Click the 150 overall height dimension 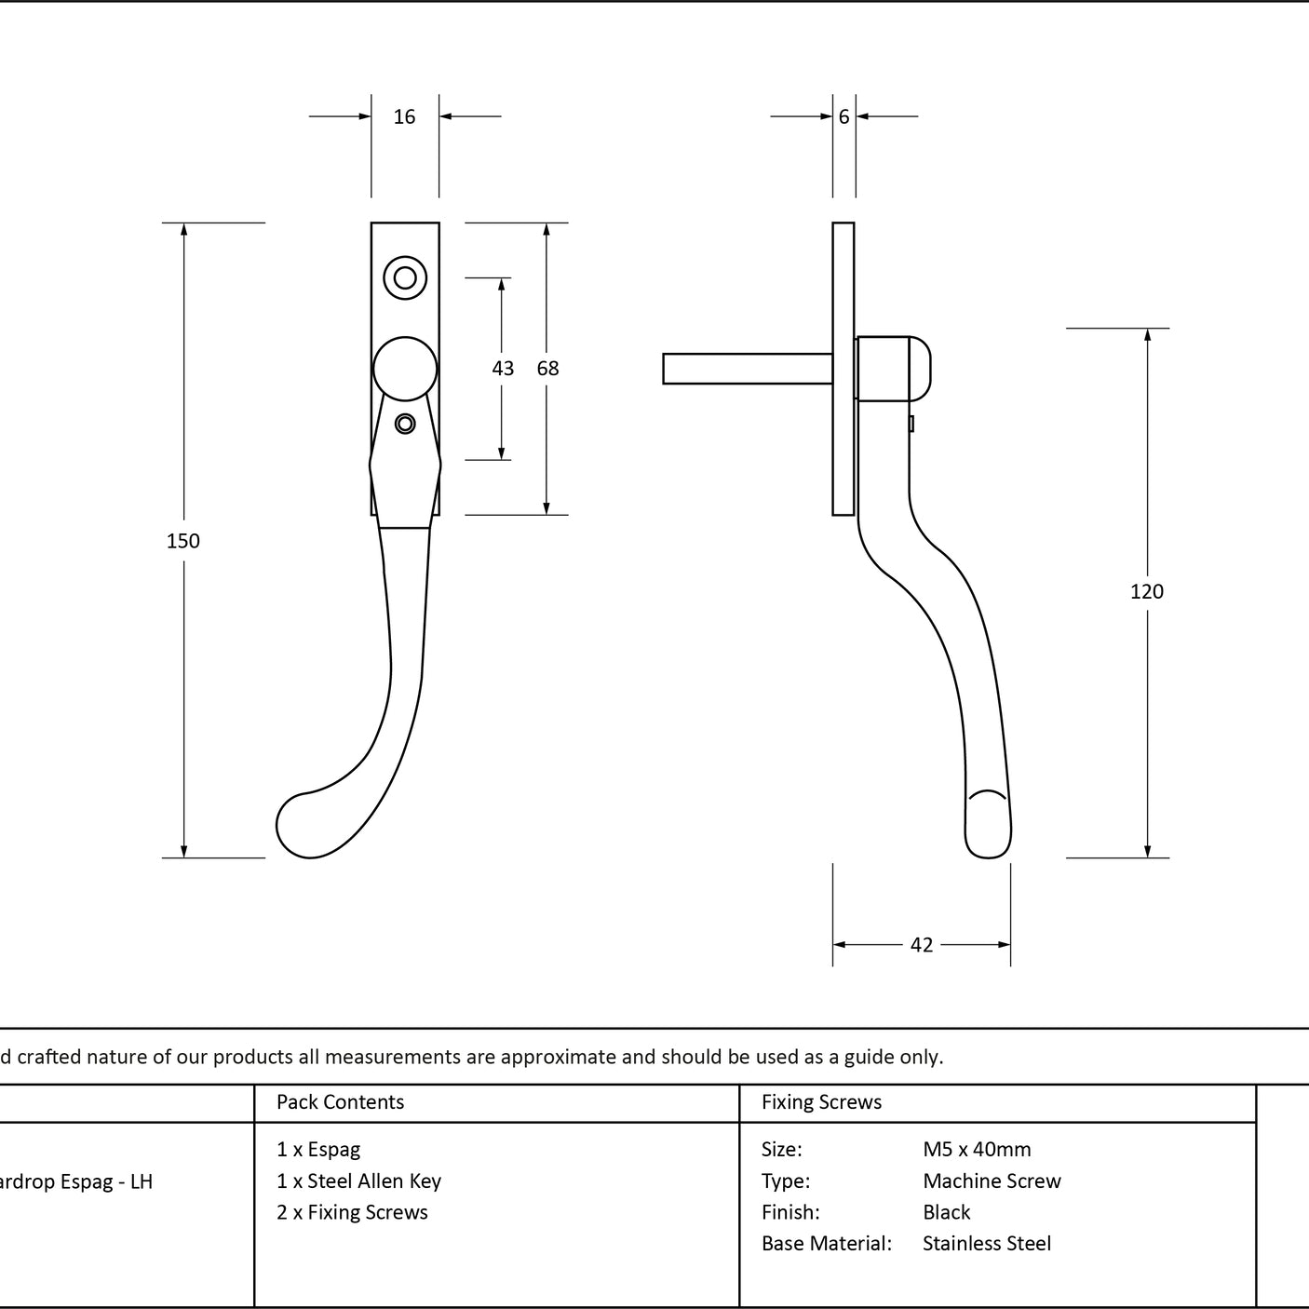click(183, 541)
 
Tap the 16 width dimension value click(404, 116)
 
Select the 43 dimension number click(503, 368)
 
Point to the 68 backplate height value click(547, 368)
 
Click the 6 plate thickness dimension click(843, 116)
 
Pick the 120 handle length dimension click(1147, 592)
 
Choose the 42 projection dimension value click(921, 945)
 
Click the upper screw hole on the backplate click(405, 277)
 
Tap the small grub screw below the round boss click(405, 424)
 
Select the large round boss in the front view click(405, 369)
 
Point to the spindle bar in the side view click(748, 369)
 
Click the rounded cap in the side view click(920, 369)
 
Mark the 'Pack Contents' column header click(340, 1101)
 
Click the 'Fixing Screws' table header click(821, 1101)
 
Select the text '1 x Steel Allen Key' click(358, 1181)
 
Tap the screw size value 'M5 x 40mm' click(977, 1150)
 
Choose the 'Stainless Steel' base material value click(986, 1243)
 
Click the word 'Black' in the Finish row click(946, 1212)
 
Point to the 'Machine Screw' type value click(992, 1181)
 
